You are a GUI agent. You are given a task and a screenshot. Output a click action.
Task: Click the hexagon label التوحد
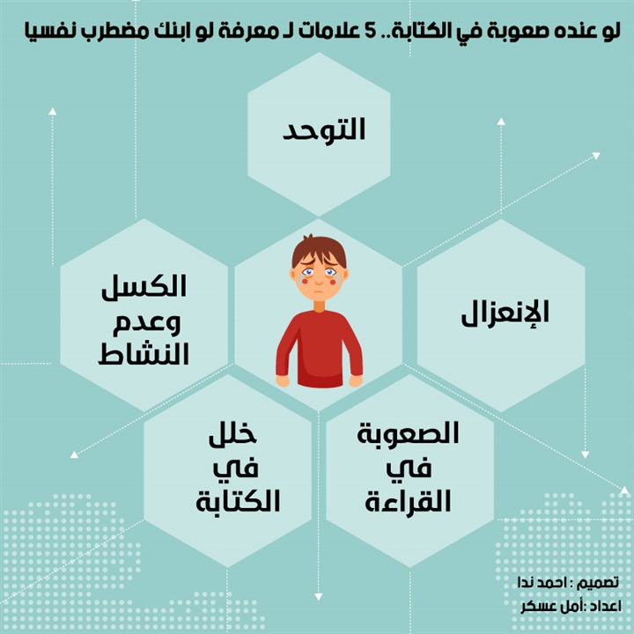323,129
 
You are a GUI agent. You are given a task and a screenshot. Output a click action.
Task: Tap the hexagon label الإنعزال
505,313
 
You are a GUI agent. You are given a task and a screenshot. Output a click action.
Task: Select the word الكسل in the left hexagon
144,286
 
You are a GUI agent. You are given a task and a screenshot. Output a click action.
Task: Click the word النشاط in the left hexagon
144,354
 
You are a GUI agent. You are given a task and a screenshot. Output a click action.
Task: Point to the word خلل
232,435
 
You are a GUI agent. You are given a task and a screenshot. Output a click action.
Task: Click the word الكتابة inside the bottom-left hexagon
238,501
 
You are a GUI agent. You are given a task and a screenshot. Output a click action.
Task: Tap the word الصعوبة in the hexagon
408,433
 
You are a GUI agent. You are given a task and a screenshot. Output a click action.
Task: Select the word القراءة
408,501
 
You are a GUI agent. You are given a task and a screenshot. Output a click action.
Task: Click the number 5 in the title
371,32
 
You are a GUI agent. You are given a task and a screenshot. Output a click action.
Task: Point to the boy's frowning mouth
319,291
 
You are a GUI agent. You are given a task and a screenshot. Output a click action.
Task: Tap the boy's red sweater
319,349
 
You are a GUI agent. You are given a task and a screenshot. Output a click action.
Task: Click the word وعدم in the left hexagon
146,321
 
